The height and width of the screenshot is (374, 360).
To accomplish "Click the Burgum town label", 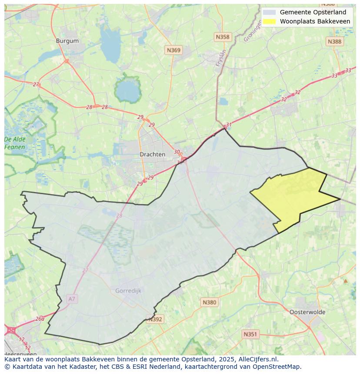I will coord(67,41).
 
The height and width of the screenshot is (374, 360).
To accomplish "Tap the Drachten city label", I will coord(152,154).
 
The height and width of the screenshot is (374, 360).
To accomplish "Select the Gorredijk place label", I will coord(128,291).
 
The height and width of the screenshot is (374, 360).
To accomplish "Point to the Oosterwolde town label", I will coord(307,312).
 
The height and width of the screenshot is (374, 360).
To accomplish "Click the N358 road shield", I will coord(222,37).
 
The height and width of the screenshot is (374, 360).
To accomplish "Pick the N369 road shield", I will coord(173,50).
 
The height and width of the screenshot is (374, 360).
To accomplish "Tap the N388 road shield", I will coord(334,41).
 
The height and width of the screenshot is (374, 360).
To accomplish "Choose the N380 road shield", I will coord(209,302).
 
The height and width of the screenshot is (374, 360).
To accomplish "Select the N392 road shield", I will coord(155,319).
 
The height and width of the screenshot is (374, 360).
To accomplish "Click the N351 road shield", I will coord(250,334).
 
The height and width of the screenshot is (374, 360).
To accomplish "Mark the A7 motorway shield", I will coord(72,299).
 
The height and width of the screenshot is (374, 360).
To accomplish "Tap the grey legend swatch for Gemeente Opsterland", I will coord(269,13).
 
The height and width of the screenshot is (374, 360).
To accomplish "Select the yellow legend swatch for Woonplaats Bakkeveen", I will coord(269,21).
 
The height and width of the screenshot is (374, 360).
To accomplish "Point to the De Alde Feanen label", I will coord(15,143).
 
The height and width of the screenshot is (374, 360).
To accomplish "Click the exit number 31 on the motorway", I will coord(229,125).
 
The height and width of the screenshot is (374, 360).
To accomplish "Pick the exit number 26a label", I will coord(40,318).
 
